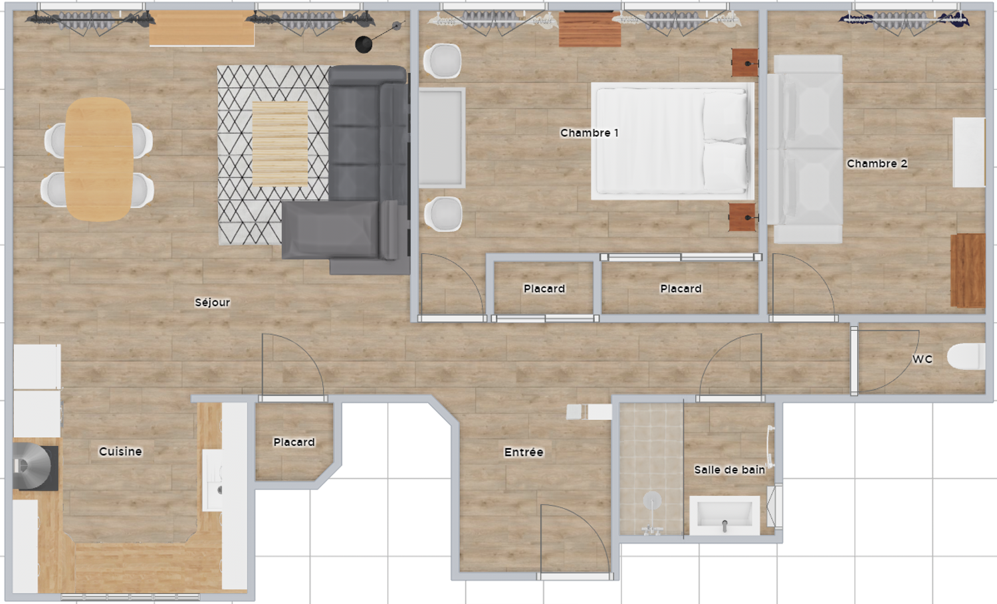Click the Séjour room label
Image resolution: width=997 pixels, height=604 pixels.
(212, 303)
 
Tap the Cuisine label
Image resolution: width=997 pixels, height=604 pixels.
(120, 451)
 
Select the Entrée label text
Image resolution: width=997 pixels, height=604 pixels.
(524, 453)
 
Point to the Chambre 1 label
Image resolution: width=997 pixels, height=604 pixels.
(590, 133)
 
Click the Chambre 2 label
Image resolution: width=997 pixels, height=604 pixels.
(877, 163)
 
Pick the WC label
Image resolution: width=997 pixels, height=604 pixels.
(923, 359)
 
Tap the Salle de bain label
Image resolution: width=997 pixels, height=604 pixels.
(730, 470)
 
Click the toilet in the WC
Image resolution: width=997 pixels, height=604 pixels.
(966, 356)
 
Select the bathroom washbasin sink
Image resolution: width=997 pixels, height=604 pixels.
(724, 516)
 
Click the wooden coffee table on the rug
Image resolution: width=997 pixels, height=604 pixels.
(280, 144)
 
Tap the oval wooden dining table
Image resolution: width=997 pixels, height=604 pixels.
(99, 159)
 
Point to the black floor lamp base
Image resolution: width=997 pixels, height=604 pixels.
(364, 45)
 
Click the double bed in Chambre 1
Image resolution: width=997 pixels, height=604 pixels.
(673, 141)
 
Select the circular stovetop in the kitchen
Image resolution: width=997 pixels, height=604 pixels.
(32, 466)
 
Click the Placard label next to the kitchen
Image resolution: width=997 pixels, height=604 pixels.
(294, 442)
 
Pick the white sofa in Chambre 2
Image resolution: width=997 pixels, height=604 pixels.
(805, 149)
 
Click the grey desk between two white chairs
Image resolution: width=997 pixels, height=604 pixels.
(442, 138)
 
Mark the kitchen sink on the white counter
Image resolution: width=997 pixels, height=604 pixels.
(212, 480)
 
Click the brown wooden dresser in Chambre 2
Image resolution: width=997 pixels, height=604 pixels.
(968, 270)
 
